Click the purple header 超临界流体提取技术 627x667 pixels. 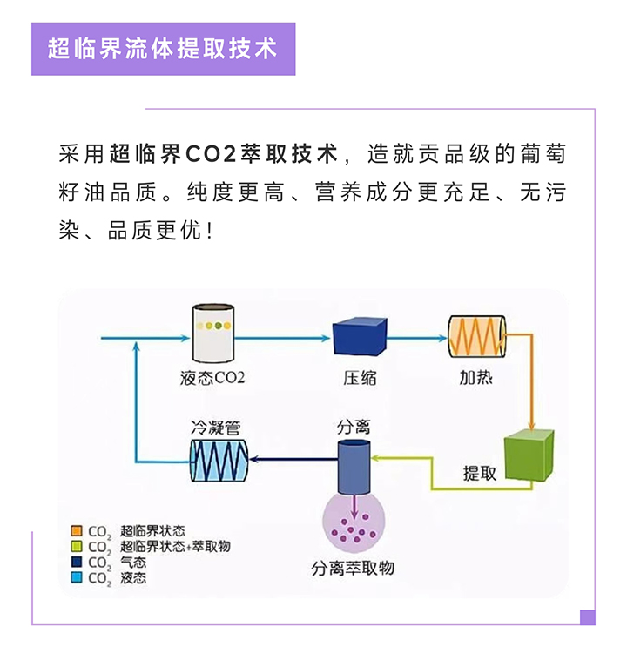[x=163, y=49]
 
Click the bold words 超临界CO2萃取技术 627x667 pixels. [x=223, y=155]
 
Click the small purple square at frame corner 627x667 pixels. [x=587, y=616]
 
